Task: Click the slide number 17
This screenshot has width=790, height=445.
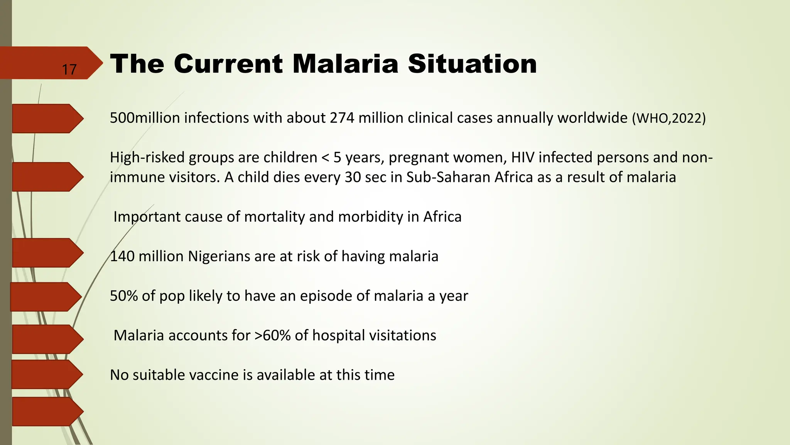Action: [69, 70]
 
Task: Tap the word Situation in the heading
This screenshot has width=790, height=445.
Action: [472, 64]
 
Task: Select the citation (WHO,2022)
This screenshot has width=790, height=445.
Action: [668, 118]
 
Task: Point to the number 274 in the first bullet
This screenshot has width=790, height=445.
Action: [342, 118]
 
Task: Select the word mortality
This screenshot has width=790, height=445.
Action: [274, 217]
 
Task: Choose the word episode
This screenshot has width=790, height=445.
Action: [326, 296]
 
